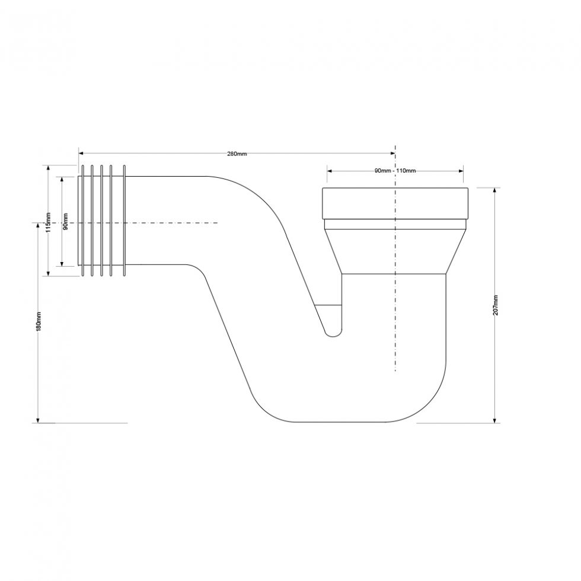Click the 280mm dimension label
tap(237, 154)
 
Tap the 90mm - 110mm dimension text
tap(395, 171)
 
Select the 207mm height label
tap(496, 305)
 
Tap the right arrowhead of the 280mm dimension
tap(392, 152)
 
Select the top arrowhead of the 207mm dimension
tap(495, 190)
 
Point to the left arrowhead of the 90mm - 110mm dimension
tap(329, 171)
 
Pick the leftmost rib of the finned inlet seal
tap(82, 221)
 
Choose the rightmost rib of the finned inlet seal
tap(124, 221)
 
